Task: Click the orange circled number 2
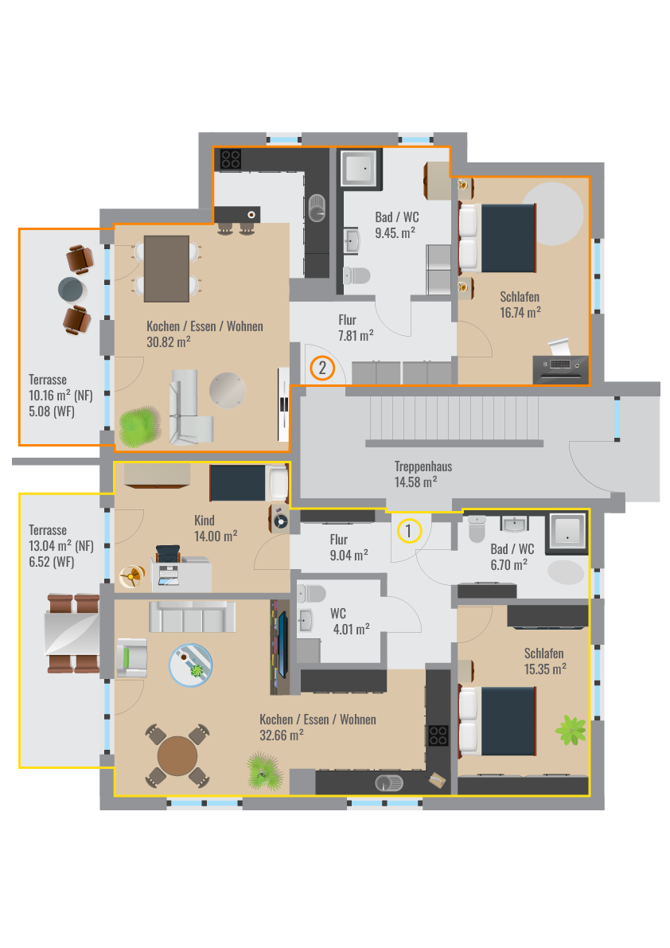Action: coord(322,368)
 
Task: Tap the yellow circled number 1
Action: coord(409,531)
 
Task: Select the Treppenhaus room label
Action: coord(423,466)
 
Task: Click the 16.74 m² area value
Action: coord(520,313)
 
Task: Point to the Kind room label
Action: coord(205,521)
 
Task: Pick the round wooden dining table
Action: coord(177,755)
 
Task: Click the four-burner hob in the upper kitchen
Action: coord(230,159)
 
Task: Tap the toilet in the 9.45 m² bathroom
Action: coord(356,276)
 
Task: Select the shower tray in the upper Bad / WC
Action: coord(361,167)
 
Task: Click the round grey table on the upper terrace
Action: coord(72,290)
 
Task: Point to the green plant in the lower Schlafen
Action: coord(571,730)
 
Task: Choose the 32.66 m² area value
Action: coord(282,735)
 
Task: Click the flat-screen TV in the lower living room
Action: coord(282,645)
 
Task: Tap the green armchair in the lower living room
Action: coord(132,657)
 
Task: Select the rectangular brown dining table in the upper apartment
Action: coord(167,268)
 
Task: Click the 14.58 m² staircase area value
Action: coord(415,482)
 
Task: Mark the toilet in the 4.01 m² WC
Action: coord(311,593)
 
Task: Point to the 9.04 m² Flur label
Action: coord(349,547)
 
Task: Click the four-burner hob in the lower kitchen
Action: coord(438,735)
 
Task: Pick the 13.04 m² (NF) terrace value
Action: coord(61,546)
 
